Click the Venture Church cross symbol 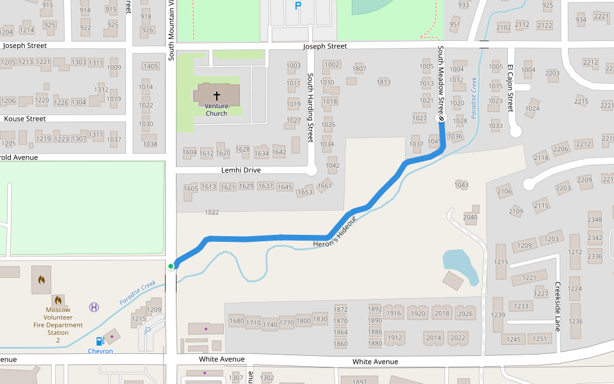(x=216, y=95)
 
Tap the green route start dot (x=171, y=266)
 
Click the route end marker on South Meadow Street (x=441, y=118)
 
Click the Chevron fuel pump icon (x=100, y=342)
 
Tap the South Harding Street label (x=310, y=107)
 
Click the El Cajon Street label (x=510, y=88)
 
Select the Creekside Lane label (x=558, y=307)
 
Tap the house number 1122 (x=211, y=212)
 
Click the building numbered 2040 (x=470, y=218)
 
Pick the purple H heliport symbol (x=95, y=307)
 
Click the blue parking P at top (x=297, y=6)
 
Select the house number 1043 (x=461, y=184)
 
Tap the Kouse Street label (x=25, y=118)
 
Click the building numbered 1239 (x=498, y=316)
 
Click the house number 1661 (x=324, y=186)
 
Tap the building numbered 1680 (x=237, y=321)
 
